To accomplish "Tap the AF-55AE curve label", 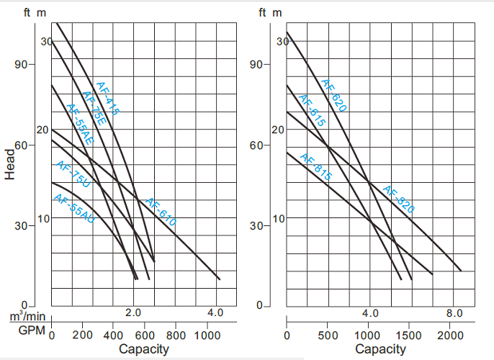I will [x=80, y=125].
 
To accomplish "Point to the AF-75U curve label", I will [x=73, y=174].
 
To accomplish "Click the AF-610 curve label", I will [x=161, y=212].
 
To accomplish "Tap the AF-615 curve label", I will [x=313, y=111].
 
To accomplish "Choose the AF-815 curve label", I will [x=315, y=168].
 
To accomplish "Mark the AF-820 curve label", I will [x=398, y=201].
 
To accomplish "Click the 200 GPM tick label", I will [x=83, y=335].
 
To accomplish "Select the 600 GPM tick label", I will [x=145, y=335].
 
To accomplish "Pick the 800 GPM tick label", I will [x=176, y=335].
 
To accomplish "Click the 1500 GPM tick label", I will [x=410, y=335].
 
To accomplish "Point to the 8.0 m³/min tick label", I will [x=454, y=313].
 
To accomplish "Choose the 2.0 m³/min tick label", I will [x=133, y=313].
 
